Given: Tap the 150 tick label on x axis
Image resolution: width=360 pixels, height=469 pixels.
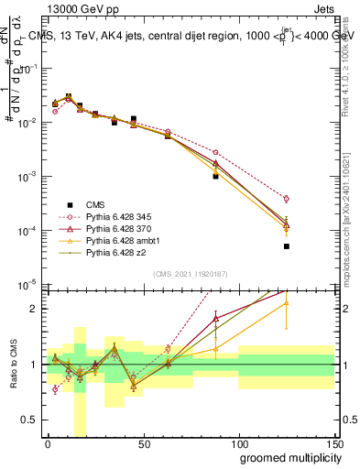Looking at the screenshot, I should (x=334, y=444).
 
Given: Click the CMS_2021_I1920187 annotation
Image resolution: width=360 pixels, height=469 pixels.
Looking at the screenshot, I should (x=191, y=273).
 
